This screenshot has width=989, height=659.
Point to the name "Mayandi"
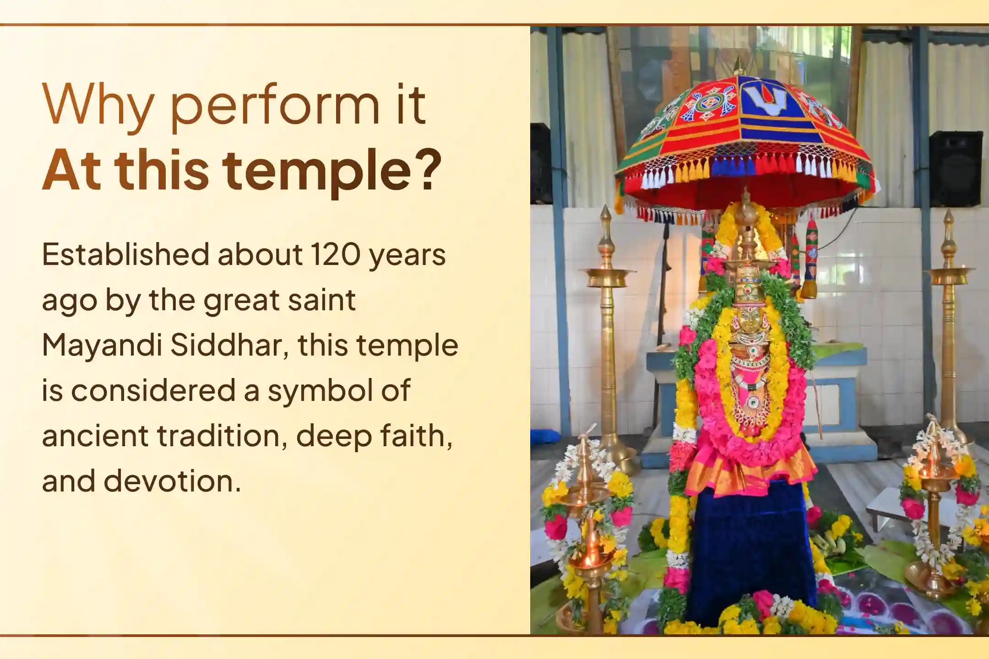[x=102, y=346]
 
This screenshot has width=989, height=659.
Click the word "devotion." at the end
[x=172, y=481]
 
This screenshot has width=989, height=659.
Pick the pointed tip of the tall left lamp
[x=605, y=213]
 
